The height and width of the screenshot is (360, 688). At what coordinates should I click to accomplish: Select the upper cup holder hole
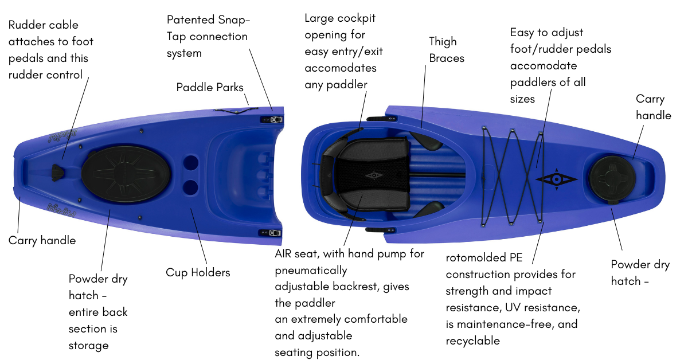(191, 162)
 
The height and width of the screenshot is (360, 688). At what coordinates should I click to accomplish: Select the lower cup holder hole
(191, 186)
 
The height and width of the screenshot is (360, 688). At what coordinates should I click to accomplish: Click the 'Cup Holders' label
(198, 272)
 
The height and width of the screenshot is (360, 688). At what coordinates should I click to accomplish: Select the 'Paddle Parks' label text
(210, 88)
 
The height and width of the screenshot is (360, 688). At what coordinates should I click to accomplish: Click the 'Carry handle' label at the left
(42, 240)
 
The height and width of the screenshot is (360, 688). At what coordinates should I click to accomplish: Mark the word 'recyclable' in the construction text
(473, 341)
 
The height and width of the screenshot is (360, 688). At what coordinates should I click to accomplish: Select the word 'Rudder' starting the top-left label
(27, 25)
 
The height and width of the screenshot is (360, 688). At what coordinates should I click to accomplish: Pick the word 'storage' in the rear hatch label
(88, 345)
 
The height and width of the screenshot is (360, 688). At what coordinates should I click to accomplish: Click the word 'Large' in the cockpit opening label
(319, 18)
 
